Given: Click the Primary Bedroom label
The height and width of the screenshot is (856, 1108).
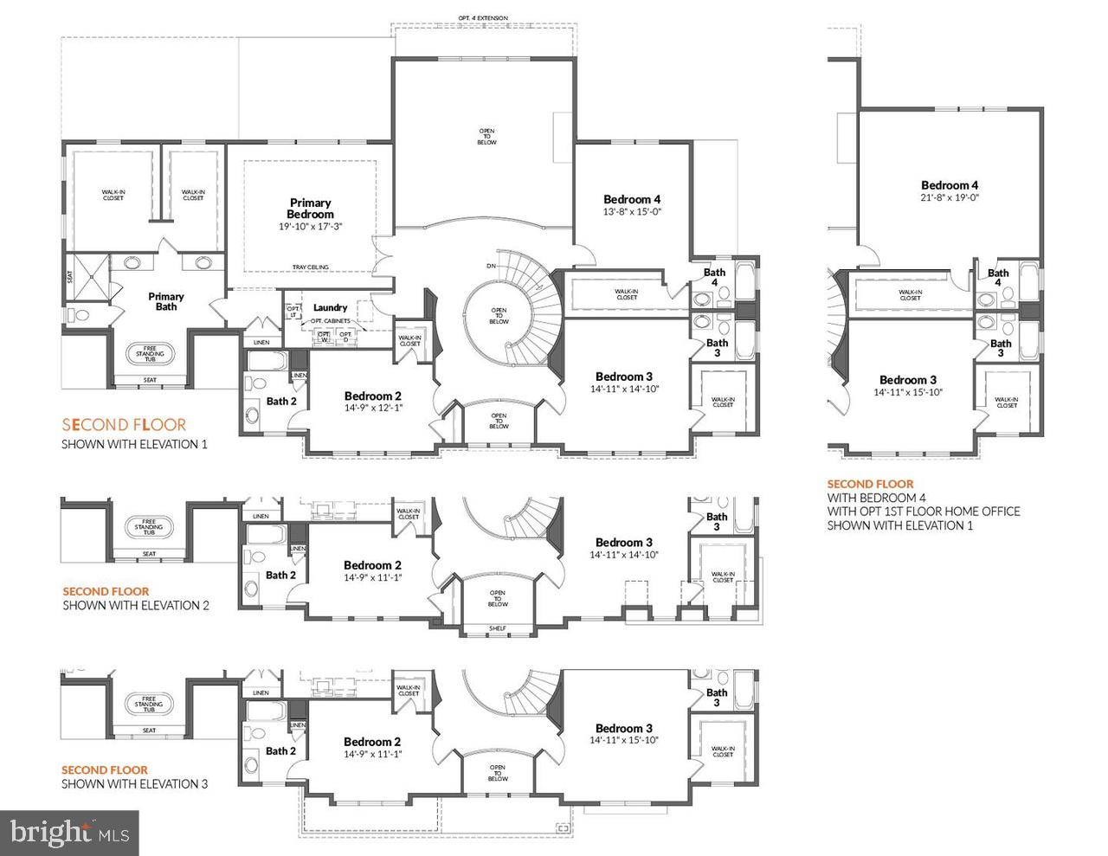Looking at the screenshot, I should (x=310, y=209).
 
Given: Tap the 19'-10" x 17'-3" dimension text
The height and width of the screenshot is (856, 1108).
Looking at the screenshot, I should (x=310, y=226).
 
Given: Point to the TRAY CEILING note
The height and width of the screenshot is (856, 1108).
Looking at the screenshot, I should (x=310, y=267).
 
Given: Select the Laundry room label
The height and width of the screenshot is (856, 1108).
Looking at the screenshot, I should (x=330, y=307).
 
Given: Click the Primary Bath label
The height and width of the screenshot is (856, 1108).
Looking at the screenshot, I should (x=166, y=301).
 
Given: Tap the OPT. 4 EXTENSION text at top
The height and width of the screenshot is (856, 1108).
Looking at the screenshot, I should (x=483, y=17).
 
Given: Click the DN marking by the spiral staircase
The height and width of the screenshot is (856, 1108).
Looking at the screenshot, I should (x=492, y=266).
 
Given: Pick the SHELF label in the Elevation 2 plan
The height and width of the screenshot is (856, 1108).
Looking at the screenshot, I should (x=497, y=629).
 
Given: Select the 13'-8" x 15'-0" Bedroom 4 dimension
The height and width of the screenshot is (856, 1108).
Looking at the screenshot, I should (x=632, y=211).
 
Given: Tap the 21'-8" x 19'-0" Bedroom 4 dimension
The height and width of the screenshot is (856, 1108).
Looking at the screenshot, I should (x=950, y=197).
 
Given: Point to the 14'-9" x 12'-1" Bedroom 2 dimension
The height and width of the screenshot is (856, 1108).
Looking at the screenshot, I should (x=373, y=408).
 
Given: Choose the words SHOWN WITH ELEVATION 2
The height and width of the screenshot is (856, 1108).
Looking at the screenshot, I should (x=135, y=606).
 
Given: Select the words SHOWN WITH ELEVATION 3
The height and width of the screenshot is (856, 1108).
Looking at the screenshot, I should (x=134, y=784).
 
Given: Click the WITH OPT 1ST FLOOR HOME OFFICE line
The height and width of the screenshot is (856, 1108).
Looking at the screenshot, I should (x=923, y=512).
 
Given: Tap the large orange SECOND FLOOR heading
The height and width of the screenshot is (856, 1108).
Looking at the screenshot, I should (x=124, y=424).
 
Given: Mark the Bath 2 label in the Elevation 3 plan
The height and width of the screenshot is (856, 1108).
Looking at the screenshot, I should (x=281, y=750).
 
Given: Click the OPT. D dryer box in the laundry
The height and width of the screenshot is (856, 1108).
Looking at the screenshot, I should (x=345, y=336).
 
